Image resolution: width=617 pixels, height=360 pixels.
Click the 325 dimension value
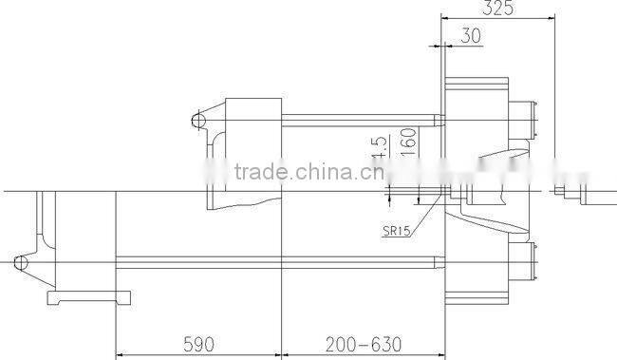coord(497,9)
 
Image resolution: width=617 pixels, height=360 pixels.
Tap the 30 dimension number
coord(470,37)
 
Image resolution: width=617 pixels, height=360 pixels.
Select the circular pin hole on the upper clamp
coord(197,120)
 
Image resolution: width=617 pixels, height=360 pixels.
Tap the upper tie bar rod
coord(361,120)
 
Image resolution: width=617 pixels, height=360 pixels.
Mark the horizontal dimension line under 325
coord(497,18)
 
